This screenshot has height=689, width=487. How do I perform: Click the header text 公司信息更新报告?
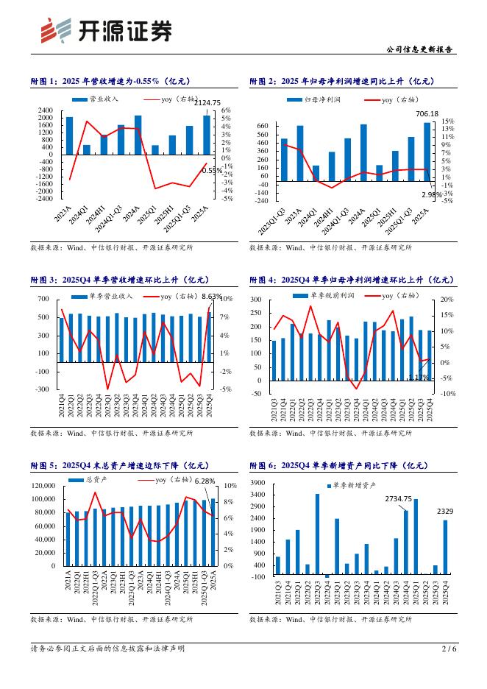tap(420, 49)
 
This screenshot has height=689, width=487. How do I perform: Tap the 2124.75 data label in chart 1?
tap(207, 102)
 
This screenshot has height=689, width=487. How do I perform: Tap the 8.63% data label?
tap(212, 296)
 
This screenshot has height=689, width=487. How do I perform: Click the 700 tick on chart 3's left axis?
tap(43, 299)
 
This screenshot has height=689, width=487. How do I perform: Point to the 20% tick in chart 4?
tap(447, 300)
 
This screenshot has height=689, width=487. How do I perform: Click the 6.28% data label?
tap(205, 481)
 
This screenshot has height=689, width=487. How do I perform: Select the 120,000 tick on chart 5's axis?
tap(45, 486)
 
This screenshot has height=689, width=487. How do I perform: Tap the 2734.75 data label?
tap(399, 499)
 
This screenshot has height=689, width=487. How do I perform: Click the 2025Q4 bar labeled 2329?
tap(446, 547)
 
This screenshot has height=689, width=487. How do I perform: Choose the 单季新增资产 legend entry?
tap(352, 486)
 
